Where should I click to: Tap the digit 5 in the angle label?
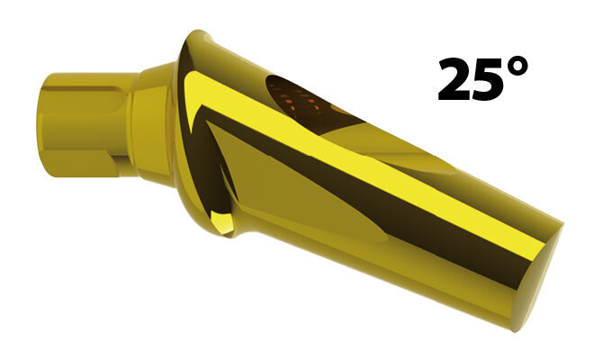click(490, 80)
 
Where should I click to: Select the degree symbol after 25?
click(517, 67)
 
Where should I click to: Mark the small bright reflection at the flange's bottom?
click(221, 222)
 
